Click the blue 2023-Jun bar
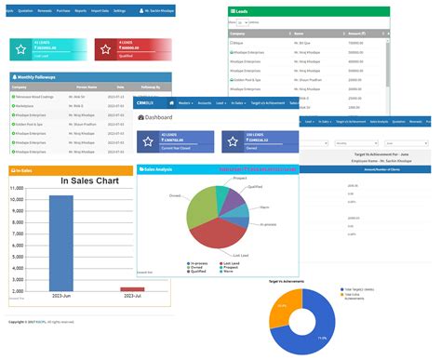click(x=61, y=242)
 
